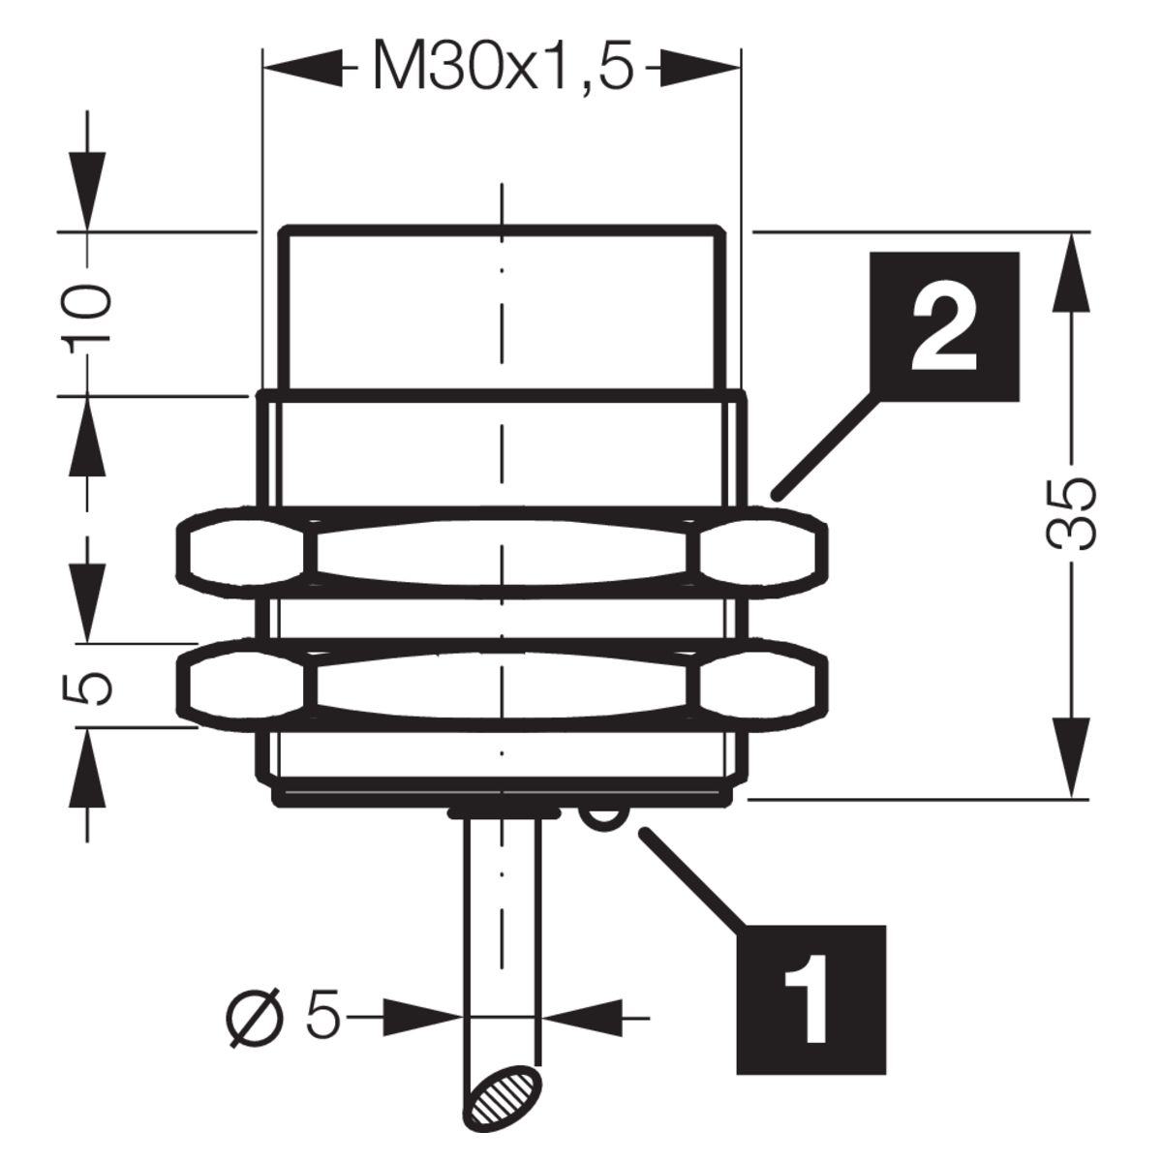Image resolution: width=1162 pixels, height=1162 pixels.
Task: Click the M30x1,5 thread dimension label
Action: (505, 65)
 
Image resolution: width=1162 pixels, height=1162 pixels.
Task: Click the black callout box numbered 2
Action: (944, 326)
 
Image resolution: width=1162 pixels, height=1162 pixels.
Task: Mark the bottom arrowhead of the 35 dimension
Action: (1070, 758)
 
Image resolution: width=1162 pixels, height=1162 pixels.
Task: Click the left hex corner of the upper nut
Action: (180, 553)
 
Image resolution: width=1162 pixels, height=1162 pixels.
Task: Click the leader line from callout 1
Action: (691, 880)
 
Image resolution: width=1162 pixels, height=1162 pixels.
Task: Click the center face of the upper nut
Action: (502, 553)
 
